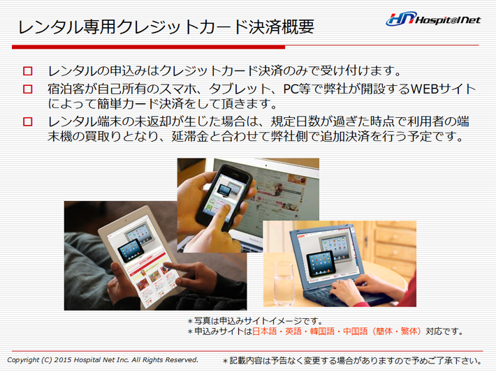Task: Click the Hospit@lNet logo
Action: pyautogui.click(x=433, y=19)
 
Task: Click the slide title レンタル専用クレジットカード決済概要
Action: pyautogui.click(x=166, y=27)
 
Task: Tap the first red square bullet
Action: pyautogui.click(x=28, y=70)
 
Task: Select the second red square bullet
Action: pyautogui.click(x=28, y=89)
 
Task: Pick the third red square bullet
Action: pyautogui.click(x=28, y=121)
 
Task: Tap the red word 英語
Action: pyautogui.click(x=293, y=332)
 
